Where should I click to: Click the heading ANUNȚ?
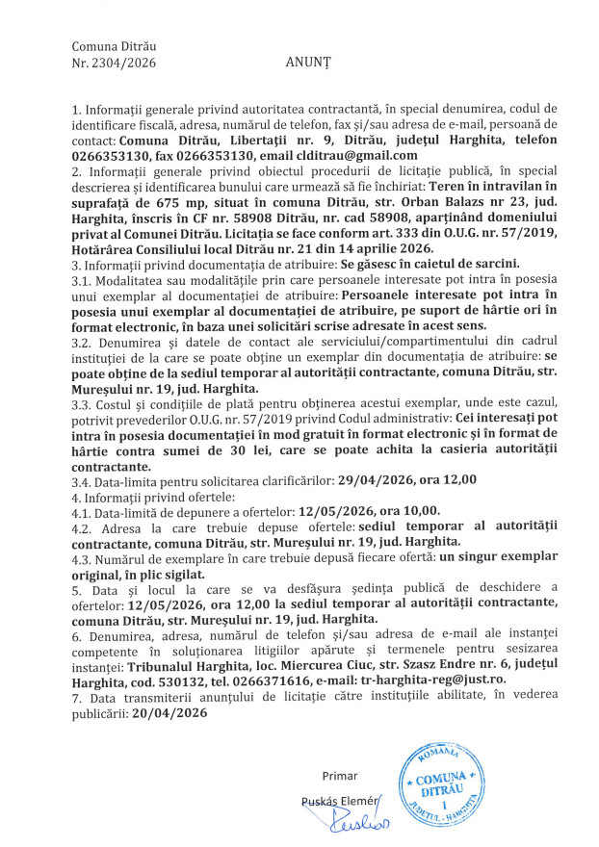coord(307,63)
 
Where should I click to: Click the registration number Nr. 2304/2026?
coord(114,63)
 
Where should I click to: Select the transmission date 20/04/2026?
coord(172,716)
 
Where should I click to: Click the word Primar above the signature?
coord(342,776)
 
